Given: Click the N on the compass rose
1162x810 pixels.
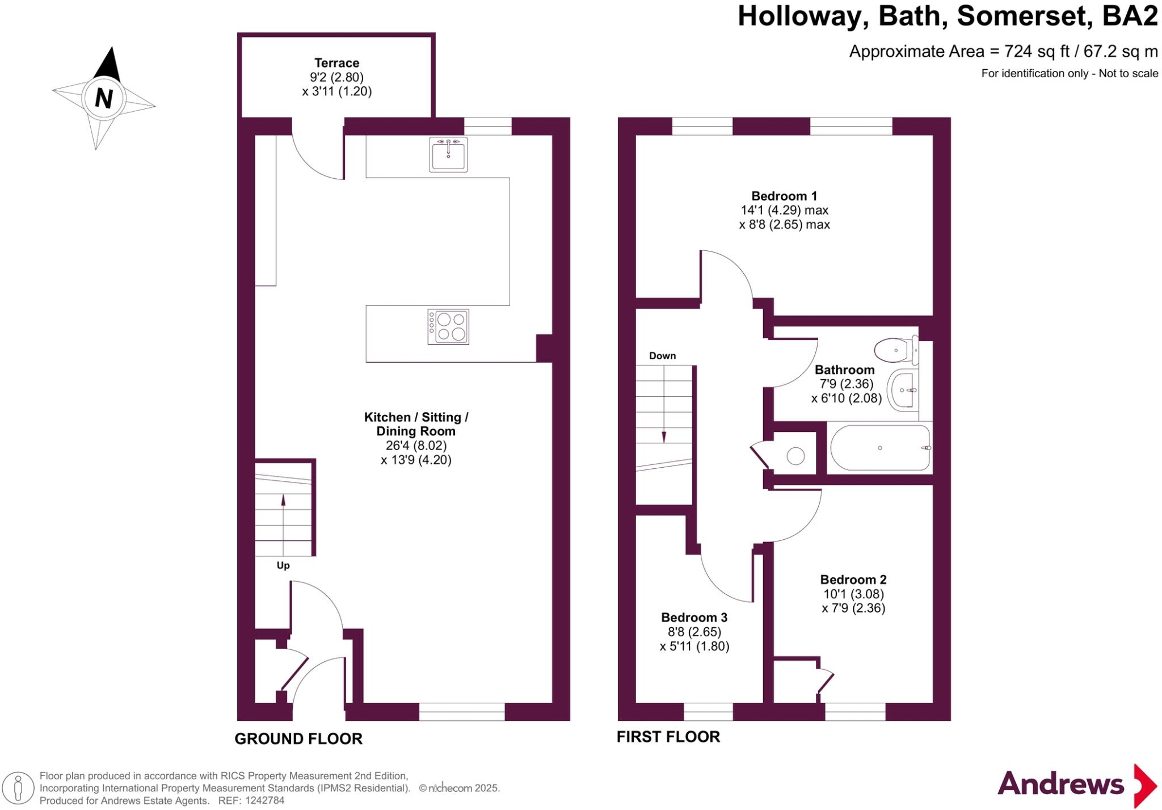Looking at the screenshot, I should (103, 98).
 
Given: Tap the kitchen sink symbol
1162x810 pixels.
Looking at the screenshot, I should (448, 154).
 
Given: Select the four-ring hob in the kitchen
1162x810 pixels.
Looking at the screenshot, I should (448, 326).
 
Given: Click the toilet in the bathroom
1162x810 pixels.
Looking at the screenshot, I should (895, 350).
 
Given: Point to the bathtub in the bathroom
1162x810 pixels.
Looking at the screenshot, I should (880, 448).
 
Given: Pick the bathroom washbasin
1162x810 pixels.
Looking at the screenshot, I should (903, 390).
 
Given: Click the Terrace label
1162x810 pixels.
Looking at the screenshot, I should (336, 63).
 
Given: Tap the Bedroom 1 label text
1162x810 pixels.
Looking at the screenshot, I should (784, 196).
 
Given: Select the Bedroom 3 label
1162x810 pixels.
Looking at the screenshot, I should (694, 617).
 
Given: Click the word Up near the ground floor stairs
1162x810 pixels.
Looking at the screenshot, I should (283, 565).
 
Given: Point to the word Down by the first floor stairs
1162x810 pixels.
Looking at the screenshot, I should (662, 356).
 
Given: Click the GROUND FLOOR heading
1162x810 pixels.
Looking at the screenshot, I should (298, 738).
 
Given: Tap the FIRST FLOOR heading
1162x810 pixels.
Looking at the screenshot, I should (668, 737).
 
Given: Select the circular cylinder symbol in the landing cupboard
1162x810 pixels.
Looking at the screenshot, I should (795, 456).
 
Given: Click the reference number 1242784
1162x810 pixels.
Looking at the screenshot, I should (264, 800).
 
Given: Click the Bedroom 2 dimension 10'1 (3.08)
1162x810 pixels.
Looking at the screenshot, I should (853, 594).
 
